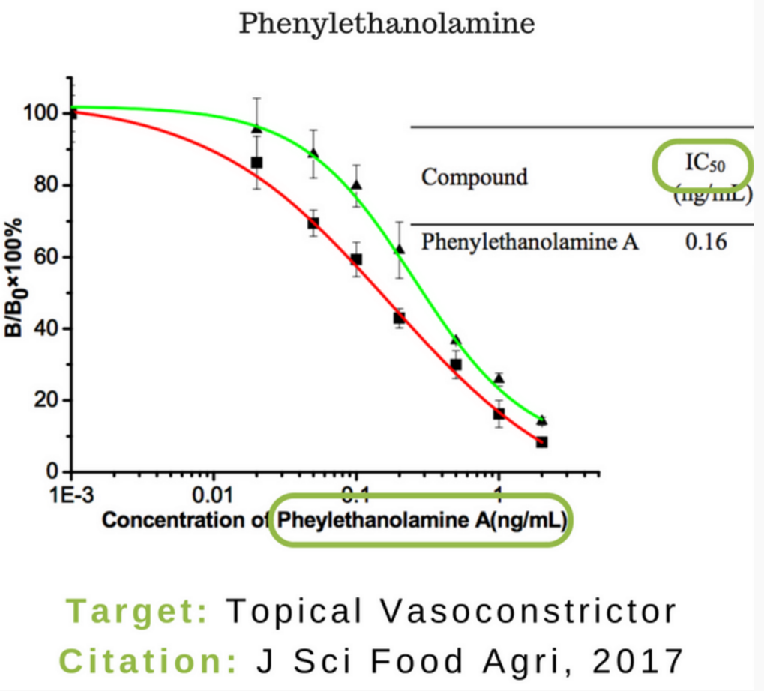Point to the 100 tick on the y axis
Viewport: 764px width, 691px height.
(43, 114)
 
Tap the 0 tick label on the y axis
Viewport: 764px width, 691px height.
(53, 472)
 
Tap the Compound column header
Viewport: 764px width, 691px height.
(474, 178)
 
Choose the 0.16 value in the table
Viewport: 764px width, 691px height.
(706, 242)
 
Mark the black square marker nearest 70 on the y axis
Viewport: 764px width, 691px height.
(313, 223)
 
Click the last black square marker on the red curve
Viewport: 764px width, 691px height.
(541, 442)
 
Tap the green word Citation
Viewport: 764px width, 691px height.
(148, 662)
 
